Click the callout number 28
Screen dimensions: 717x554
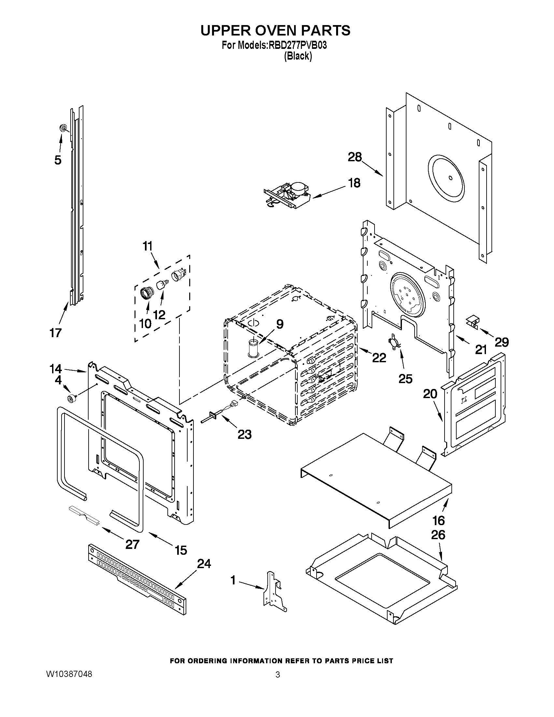click(355, 157)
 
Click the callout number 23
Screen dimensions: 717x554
click(244, 434)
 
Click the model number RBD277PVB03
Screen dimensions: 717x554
click(298, 45)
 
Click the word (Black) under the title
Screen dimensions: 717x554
click(298, 56)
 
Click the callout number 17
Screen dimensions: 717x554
click(55, 333)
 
